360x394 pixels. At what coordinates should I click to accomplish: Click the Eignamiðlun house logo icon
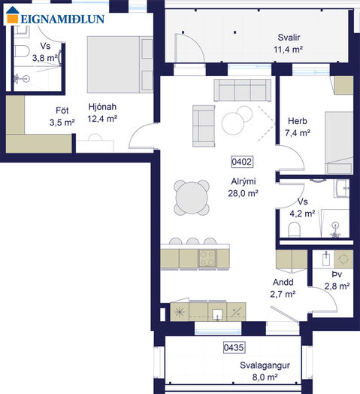tap(13, 15)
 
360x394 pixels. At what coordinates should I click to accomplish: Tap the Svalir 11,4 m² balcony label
tap(288, 44)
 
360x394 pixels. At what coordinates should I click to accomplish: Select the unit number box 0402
tap(242, 162)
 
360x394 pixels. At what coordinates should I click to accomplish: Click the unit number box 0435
tap(234, 347)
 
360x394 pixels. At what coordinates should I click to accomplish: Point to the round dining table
tap(192, 198)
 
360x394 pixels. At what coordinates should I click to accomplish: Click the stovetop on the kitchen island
tap(207, 259)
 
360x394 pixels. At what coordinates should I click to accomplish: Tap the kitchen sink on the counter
tap(217, 314)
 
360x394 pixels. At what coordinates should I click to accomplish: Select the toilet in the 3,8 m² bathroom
tap(22, 51)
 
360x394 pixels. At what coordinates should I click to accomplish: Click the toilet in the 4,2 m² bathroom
tap(294, 229)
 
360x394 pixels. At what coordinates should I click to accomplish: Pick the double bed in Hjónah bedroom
tap(120, 65)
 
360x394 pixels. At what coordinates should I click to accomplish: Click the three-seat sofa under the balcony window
tap(243, 90)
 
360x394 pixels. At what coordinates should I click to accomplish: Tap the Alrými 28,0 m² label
tap(244, 187)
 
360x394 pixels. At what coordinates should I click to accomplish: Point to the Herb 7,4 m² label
tap(298, 127)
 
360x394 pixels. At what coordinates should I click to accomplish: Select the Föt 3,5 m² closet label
tap(62, 117)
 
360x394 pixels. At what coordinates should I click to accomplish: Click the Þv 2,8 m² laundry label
tap(337, 280)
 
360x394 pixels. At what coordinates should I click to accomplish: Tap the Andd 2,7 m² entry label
tap(283, 288)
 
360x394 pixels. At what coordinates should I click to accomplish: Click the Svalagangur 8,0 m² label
tap(265, 371)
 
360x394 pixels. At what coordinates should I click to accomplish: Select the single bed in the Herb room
tap(339, 143)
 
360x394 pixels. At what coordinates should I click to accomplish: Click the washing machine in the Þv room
tap(343, 259)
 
